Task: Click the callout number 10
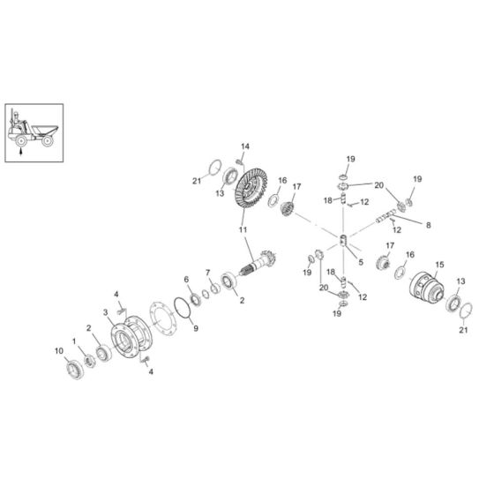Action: (59, 351)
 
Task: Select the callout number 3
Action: (106, 312)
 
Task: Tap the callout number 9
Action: (196, 328)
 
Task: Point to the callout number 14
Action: (245, 146)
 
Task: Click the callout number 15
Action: (440, 265)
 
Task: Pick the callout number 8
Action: (428, 225)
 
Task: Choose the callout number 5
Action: (361, 262)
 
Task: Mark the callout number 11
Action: (243, 229)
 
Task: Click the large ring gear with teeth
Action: (251, 188)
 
